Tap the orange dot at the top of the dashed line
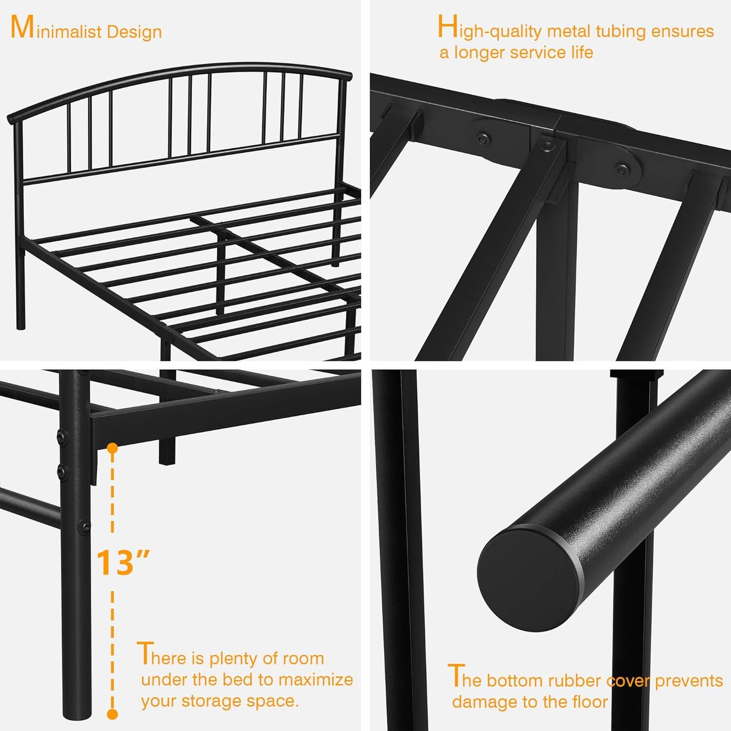pyautogui.click(x=113, y=448)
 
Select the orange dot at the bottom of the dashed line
pyautogui.click(x=113, y=714)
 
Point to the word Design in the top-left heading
pyautogui.click(x=134, y=32)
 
